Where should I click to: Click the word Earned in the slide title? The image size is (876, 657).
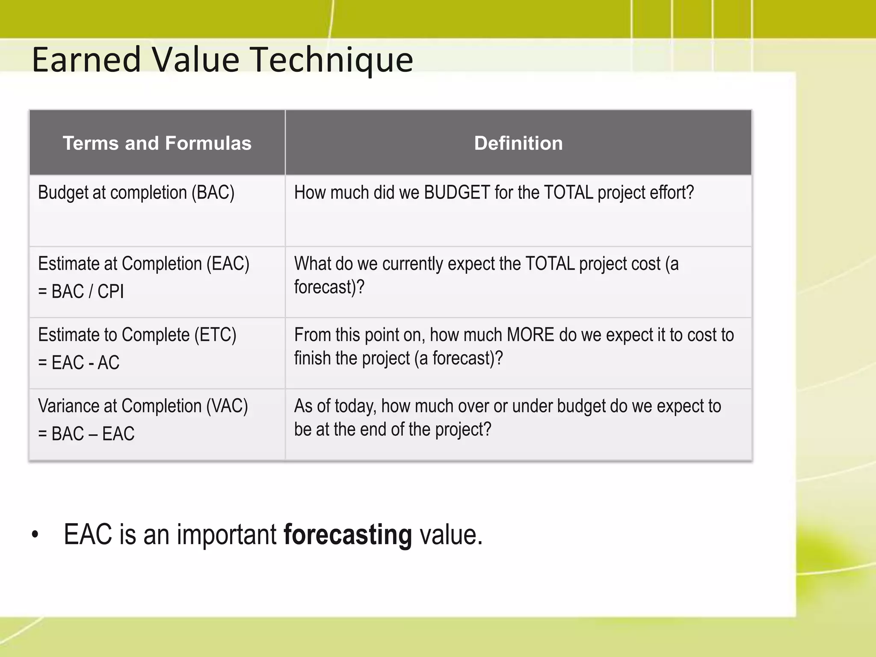[x=86, y=60]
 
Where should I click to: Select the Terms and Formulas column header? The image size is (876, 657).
[x=157, y=143]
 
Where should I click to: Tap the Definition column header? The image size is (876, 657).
[x=518, y=143]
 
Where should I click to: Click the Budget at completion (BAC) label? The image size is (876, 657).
[x=136, y=193]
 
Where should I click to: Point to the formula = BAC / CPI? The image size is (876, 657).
[x=81, y=292]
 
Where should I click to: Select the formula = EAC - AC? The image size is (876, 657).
[x=79, y=363]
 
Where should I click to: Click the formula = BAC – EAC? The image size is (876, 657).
[x=86, y=434]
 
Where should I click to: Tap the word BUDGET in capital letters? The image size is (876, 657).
[x=456, y=193]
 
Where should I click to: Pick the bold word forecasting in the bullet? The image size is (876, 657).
[x=347, y=535]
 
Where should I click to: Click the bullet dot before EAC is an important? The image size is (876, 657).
[x=35, y=535]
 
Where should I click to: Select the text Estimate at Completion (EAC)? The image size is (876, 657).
[x=143, y=264]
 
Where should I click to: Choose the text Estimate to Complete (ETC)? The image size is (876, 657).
[x=137, y=335]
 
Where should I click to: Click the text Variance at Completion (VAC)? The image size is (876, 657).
[x=143, y=406]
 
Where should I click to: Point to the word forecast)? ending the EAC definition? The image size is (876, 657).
[x=329, y=287]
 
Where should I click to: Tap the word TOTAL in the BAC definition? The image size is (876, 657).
[x=568, y=193]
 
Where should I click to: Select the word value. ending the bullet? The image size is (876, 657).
[x=451, y=535]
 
